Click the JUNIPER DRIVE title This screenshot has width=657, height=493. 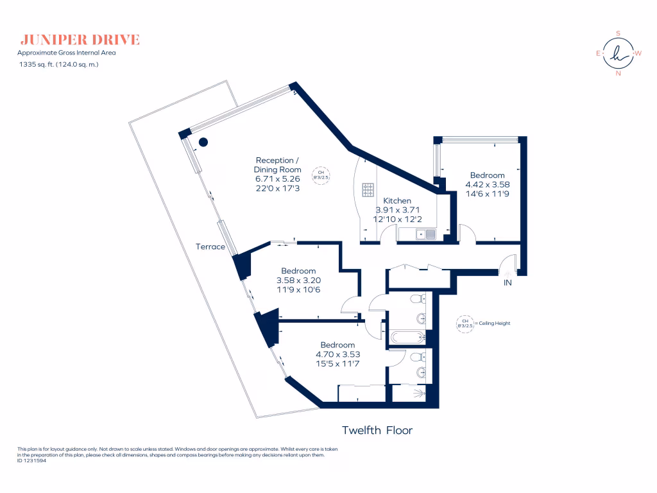80,40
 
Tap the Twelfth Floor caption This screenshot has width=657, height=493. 377,430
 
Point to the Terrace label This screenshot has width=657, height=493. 211,246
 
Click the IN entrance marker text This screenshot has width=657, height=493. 508,282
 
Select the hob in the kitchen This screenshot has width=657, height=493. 368,190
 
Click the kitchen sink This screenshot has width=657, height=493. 424,234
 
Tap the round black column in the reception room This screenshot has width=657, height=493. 203,143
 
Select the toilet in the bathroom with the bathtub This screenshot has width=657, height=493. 418,299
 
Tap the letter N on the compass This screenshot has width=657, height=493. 619,73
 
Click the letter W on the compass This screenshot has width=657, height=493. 638,53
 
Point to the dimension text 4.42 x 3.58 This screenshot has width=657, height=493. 487,184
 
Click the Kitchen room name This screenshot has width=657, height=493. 397,201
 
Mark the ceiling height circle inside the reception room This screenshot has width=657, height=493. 320,175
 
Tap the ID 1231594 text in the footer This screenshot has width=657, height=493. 31,460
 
